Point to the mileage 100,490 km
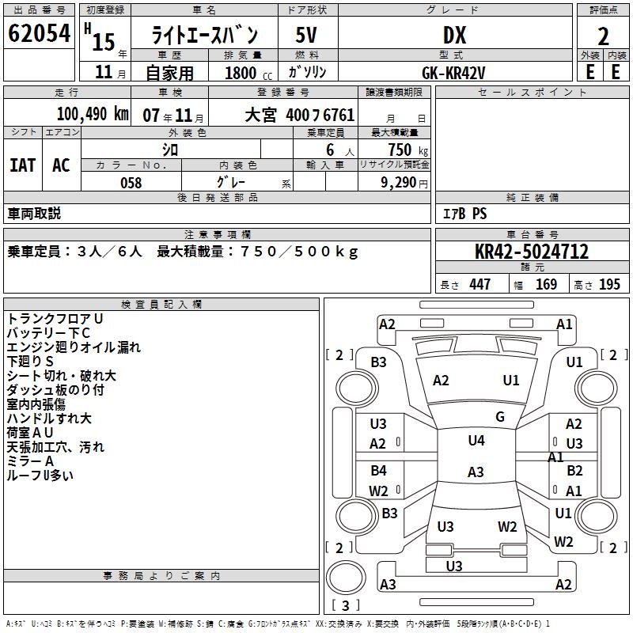[93, 113]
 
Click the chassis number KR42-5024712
[532, 252]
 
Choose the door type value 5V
[307, 35]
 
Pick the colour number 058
[131, 183]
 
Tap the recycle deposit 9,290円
[403, 183]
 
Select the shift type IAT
[23, 165]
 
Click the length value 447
[479, 285]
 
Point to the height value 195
[609, 285]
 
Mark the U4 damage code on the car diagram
[476, 441]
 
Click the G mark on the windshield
[500, 417]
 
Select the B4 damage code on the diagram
[379, 471]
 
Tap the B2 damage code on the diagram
[574, 471]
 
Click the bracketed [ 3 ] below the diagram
[346, 605]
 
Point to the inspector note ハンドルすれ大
[49, 419]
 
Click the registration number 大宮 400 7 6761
[299, 114]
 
